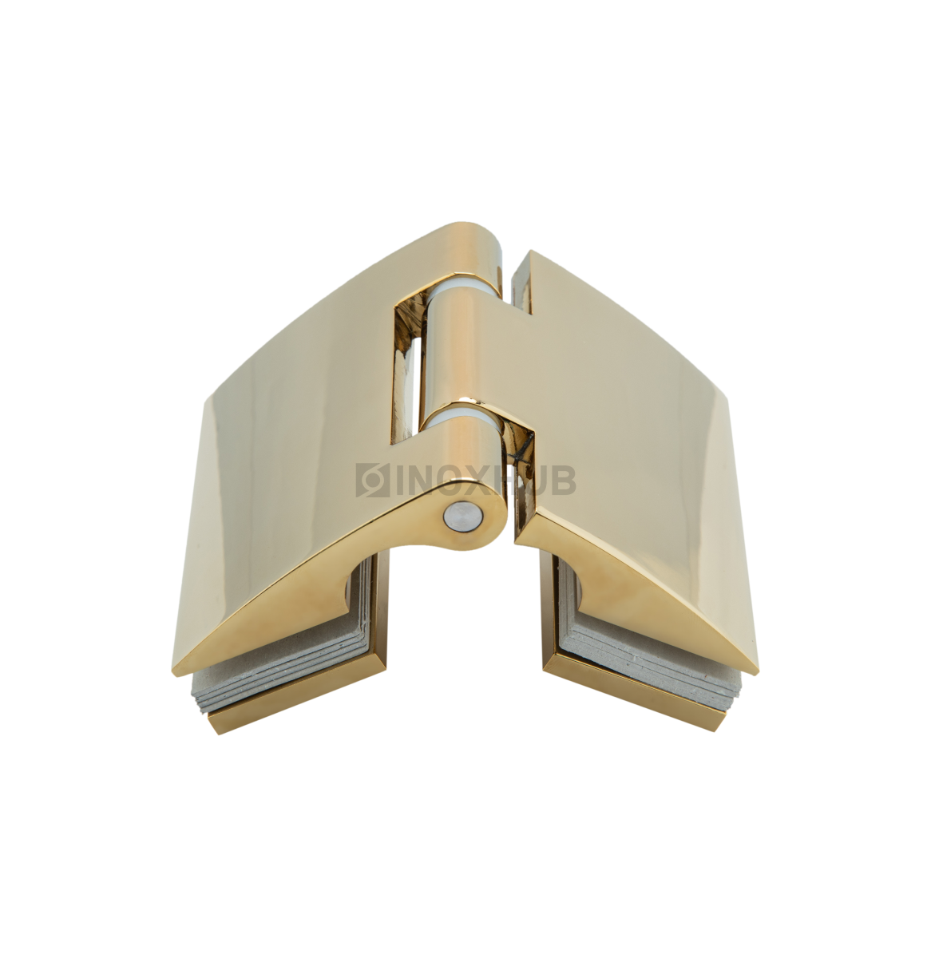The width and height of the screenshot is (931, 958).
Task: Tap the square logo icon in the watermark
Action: tap(373, 480)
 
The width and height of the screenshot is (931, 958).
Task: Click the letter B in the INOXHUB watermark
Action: tap(563, 480)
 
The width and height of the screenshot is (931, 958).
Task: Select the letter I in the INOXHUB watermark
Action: tap(400, 480)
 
